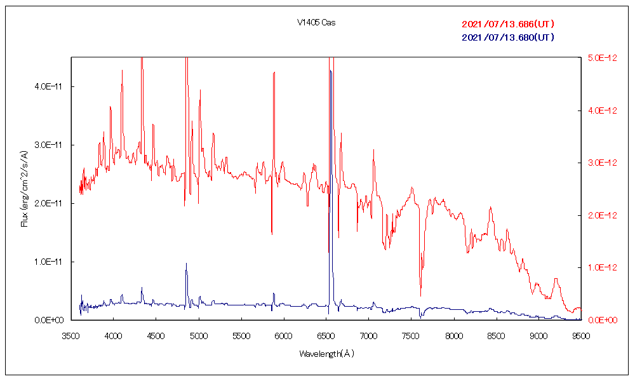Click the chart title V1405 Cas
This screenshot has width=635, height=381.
[316, 23]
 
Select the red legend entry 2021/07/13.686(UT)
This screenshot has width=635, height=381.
[508, 24]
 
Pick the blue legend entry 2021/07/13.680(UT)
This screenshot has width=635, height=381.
[508, 37]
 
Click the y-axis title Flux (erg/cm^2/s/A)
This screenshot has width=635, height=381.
[25, 189]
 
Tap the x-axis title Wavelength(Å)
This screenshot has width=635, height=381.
[326, 354]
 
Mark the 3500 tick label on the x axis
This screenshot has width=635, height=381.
[70, 332]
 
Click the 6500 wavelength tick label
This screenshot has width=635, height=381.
[326, 332]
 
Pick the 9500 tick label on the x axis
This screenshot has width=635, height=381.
[580, 332]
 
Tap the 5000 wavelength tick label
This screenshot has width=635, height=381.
[198, 332]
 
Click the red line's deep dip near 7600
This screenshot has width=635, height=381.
[420, 296]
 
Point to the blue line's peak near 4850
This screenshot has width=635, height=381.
[186, 264]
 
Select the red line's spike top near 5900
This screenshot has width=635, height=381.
[274, 72]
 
